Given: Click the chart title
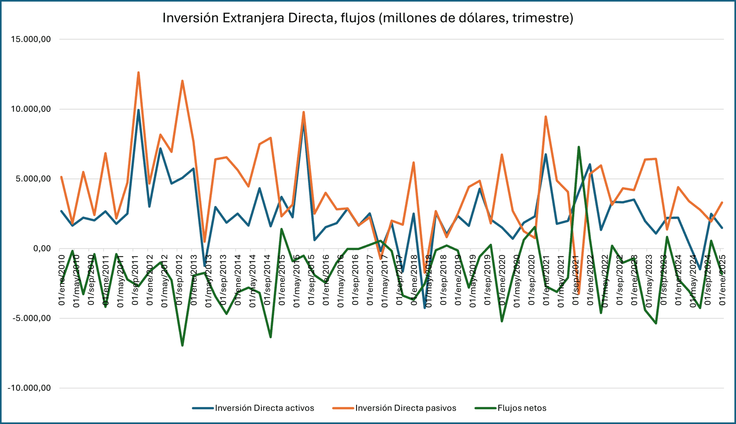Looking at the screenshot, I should [x=368, y=18].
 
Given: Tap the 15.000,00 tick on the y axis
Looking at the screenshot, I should [x=31, y=39].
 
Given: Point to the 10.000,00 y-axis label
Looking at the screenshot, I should [x=31, y=109].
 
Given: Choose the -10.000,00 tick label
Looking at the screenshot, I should [x=29, y=388].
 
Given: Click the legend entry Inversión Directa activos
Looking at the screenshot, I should [x=264, y=408].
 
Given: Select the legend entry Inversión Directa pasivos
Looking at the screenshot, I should [x=406, y=408].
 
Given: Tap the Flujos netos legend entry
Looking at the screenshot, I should [x=522, y=408].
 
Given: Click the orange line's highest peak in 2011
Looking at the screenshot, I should [x=138, y=72].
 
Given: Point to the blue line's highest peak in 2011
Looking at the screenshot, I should [x=138, y=110].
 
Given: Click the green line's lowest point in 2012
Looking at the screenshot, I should [x=182, y=345].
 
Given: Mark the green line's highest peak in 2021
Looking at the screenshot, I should [x=578, y=147].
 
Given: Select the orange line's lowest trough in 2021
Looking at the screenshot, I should [x=578, y=294].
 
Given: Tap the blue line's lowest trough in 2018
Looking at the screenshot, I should [x=425, y=308].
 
